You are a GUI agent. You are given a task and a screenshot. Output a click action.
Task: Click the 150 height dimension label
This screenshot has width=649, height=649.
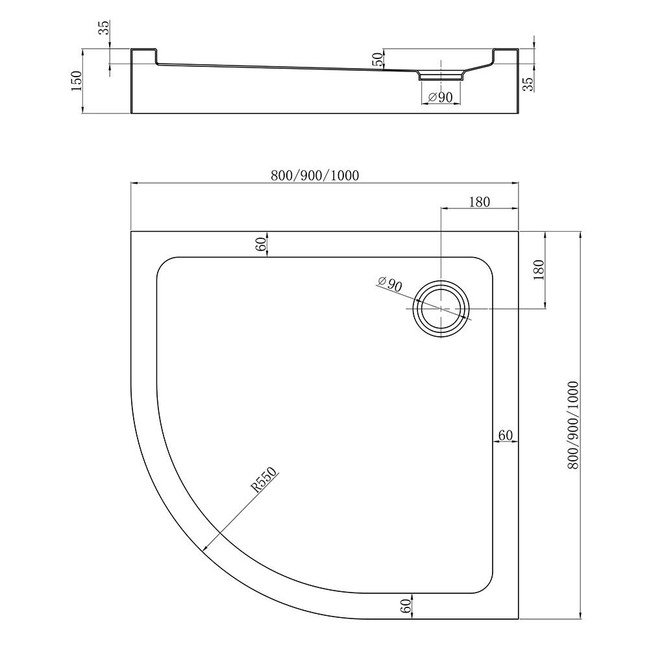click(x=77, y=81)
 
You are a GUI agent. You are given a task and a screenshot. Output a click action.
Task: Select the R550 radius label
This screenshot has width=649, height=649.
click(x=264, y=480)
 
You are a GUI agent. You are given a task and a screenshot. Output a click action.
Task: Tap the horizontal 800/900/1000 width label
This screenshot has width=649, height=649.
click(x=315, y=175)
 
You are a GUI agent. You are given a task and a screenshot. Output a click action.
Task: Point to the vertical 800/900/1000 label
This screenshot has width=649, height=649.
click(x=573, y=425)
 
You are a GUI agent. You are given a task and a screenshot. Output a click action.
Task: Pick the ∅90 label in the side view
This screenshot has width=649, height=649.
click(x=440, y=97)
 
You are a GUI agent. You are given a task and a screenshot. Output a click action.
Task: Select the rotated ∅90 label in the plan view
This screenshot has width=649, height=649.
click(x=389, y=284)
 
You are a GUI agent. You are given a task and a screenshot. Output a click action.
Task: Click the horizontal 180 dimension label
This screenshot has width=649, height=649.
click(x=480, y=202)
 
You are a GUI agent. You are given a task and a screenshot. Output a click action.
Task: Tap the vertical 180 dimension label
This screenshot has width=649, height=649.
click(x=539, y=270)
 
